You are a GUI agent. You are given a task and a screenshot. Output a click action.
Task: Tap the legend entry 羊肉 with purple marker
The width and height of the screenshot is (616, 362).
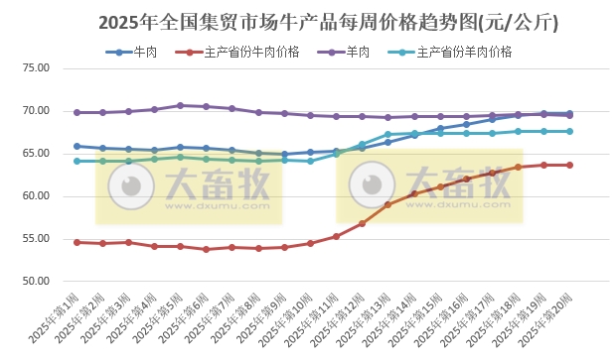pos(354,52)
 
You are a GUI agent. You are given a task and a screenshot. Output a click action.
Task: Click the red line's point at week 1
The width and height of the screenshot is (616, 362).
pos(77,242)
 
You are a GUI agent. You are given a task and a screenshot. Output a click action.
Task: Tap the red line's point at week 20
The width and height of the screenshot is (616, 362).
pos(569,165)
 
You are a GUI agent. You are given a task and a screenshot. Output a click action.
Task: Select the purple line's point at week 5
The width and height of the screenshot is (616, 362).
pos(180,105)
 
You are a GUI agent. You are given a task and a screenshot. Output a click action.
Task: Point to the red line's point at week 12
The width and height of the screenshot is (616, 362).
pos(362,223)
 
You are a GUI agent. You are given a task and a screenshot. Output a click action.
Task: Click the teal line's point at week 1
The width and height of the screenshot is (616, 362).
pos(77,161)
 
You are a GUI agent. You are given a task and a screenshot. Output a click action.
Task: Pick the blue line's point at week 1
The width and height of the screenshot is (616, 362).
pos(77,146)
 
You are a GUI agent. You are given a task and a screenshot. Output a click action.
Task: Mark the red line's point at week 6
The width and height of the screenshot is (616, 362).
pos(206,249)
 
